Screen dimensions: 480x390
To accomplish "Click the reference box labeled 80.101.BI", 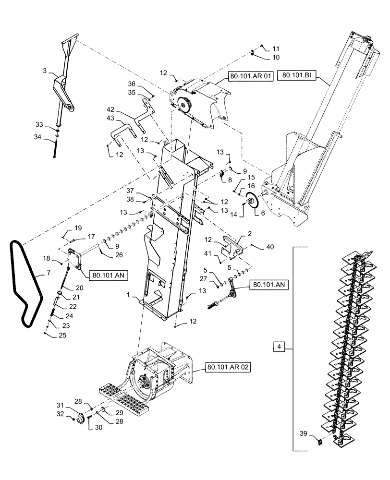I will [297, 75].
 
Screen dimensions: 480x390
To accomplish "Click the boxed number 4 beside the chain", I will [280, 346].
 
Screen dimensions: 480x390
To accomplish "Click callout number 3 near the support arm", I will [44, 71].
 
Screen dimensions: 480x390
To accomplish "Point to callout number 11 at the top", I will [276, 49].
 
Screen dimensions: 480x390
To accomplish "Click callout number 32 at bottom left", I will [60, 413].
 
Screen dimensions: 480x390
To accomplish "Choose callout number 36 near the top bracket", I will [131, 84].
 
